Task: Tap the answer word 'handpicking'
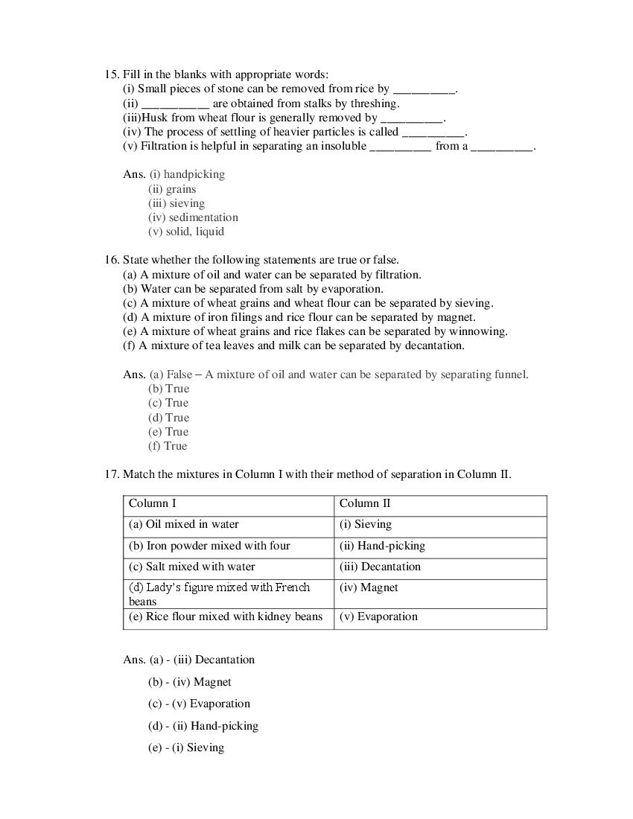tap(194, 174)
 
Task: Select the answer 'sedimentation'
tap(203, 217)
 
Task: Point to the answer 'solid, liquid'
tap(196, 232)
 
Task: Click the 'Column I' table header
tap(153, 503)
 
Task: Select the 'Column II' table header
tap(365, 503)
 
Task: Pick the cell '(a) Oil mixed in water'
tap(184, 524)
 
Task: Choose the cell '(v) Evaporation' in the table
tap(378, 616)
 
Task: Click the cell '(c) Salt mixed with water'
tap(192, 567)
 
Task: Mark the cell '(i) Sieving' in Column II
tap(366, 524)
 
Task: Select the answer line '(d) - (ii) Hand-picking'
tap(203, 726)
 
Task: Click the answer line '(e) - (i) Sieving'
tap(186, 748)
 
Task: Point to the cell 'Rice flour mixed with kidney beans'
tap(226, 616)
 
